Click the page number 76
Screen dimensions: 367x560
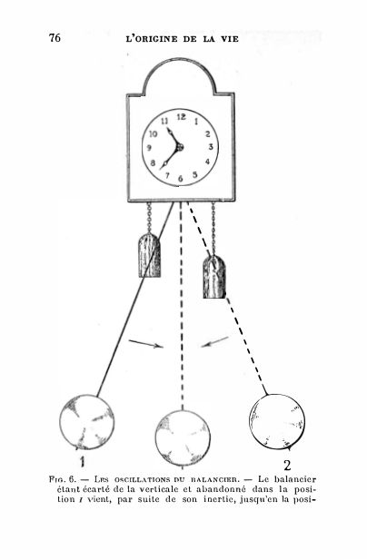pyautogui.click(x=55, y=37)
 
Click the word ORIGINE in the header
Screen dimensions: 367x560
pyautogui.click(x=156, y=39)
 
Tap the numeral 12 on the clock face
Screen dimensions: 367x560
pyautogui.click(x=182, y=116)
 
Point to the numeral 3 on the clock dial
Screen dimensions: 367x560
pyautogui.click(x=211, y=146)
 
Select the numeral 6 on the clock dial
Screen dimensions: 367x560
pyautogui.click(x=181, y=178)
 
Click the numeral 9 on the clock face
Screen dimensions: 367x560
pyautogui.click(x=149, y=148)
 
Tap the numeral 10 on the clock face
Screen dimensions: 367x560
pyautogui.click(x=154, y=134)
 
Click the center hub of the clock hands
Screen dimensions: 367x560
pyautogui.click(x=179, y=147)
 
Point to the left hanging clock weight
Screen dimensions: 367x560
pyautogui.click(x=149, y=255)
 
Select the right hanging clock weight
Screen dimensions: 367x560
pyautogui.click(x=214, y=277)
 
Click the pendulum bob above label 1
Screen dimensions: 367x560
pyautogui.click(x=86, y=422)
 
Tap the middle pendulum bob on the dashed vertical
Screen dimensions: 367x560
pyautogui.click(x=183, y=437)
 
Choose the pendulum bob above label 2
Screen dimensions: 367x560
pyautogui.click(x=277, y=421)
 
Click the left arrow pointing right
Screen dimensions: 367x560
pyautogui.click(x=145, y=344)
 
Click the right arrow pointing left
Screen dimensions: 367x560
pyautogui.click(x=214, y=341)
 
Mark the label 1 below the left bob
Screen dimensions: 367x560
pyautogui.click(x=83, y=462)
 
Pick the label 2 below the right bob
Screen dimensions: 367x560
pyautogui.click(x=287, y=466)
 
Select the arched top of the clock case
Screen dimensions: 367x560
pyautogui.click(x=179, y=60)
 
